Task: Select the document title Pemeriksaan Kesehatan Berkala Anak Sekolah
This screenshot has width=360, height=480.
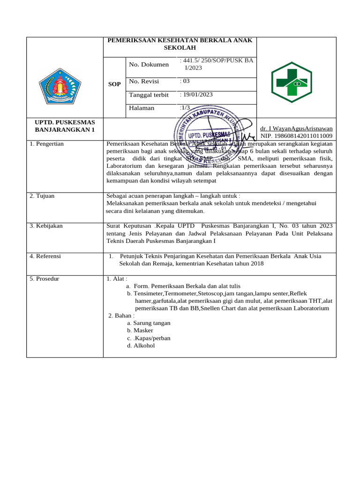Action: tap(180, 45)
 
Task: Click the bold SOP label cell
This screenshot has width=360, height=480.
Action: tap(114, 84)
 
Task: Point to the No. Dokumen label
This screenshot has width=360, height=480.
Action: tap(148, 64)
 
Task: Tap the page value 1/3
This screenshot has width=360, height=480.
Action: tap(185, 108)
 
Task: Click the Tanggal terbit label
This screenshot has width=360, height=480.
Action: tap(149, 95)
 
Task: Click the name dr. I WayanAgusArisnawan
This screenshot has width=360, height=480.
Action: tap(296, 128)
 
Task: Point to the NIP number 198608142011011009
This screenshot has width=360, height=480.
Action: tap(296, 135)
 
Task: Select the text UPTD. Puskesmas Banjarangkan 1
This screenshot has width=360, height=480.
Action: tap(65, 126)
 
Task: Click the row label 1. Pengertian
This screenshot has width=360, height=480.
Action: tap(47, 144)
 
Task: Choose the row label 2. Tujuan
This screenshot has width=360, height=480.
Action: tap(42, 195)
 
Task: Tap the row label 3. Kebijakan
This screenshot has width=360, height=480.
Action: tap(46, 226)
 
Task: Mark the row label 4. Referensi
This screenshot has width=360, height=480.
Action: tap(45, 256)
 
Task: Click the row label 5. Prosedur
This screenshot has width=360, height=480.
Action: tap(45, 278)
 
